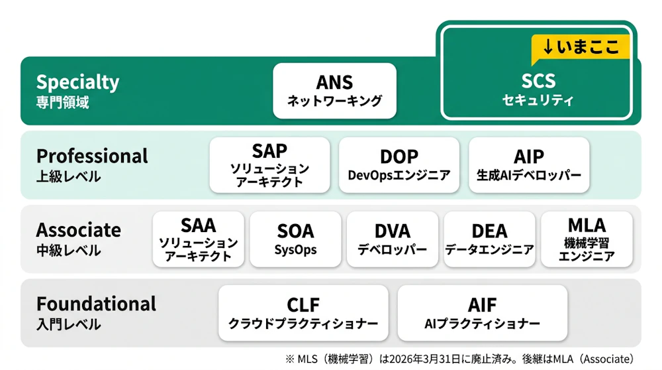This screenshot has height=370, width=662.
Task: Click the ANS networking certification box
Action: [334, 91]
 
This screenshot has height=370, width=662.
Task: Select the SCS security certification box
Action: [538, 90]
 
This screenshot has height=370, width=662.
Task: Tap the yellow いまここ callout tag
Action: [581, 47]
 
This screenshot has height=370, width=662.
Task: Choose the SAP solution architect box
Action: [269, 165]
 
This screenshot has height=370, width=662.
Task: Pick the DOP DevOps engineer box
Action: [399, 165]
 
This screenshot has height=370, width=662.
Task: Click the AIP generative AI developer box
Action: [528, 165]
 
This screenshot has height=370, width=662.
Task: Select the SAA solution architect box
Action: [198, 239]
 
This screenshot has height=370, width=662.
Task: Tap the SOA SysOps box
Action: [295, 239]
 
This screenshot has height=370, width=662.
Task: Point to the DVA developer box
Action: [393, 239]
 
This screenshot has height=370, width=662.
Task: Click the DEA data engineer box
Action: [489, 239]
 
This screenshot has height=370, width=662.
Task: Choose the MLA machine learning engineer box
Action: [587, 239]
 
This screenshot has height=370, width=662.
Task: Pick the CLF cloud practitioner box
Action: [303, 313]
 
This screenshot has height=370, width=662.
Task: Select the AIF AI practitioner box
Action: [482, 313]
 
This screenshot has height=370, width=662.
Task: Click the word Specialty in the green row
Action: [77, 82]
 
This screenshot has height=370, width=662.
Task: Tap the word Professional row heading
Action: [92, 156]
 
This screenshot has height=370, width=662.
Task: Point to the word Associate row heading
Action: [79, 230]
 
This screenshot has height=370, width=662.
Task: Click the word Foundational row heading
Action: [96, 304]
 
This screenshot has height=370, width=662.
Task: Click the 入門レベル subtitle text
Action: [68, 325]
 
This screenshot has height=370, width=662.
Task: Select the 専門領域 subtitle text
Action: [62, 103]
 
